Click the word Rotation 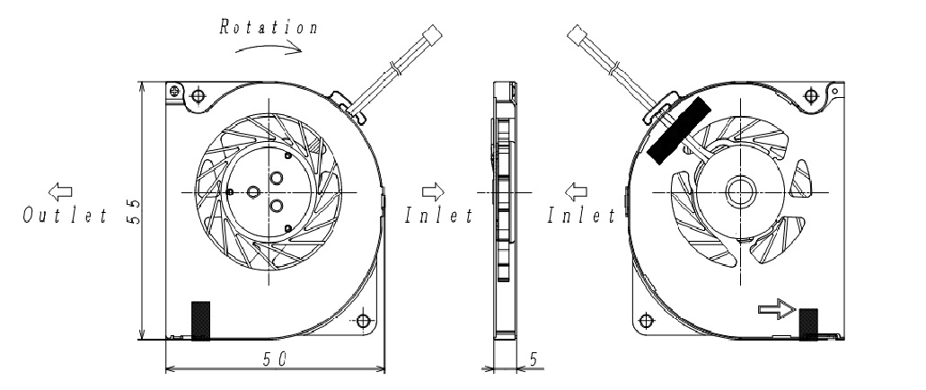[269, 27]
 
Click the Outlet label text [66, 216]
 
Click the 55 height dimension [134, 211]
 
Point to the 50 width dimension [275, 359]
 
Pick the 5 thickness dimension [534, 359]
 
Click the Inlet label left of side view [439, 216]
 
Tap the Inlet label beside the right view [581, 216]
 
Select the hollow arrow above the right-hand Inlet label [576, 191]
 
